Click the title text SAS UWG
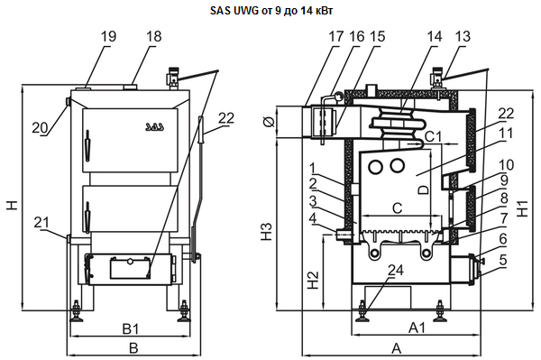234,11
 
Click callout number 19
109,36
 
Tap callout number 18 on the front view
153,36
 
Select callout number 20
40,128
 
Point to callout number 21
41,223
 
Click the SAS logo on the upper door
154,126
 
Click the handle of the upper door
87,145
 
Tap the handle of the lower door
87,217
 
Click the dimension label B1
131,329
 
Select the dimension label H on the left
12,206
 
